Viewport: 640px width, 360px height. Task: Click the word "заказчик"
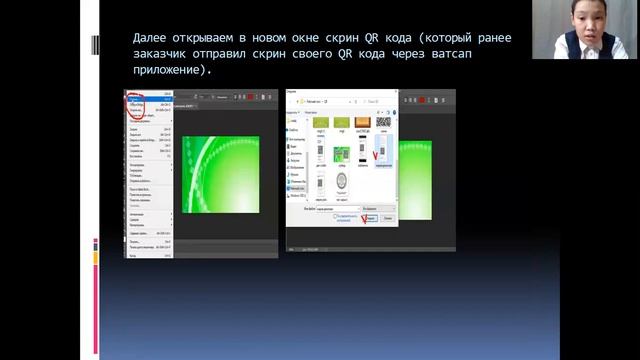coord(166,55)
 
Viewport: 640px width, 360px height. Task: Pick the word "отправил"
coord(241,55)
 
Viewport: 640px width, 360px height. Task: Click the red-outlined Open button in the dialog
coord(371,217)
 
